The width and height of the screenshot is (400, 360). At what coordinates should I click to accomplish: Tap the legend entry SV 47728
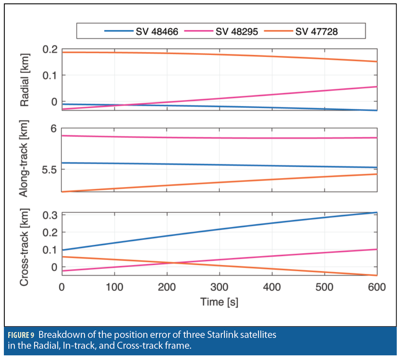tap(316, 31)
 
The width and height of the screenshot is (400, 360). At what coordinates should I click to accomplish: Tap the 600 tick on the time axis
tap(376, 287)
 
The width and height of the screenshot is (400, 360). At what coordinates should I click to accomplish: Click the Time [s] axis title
tap(219, 302)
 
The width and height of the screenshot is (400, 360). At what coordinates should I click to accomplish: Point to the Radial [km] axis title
tap(26, 80)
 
